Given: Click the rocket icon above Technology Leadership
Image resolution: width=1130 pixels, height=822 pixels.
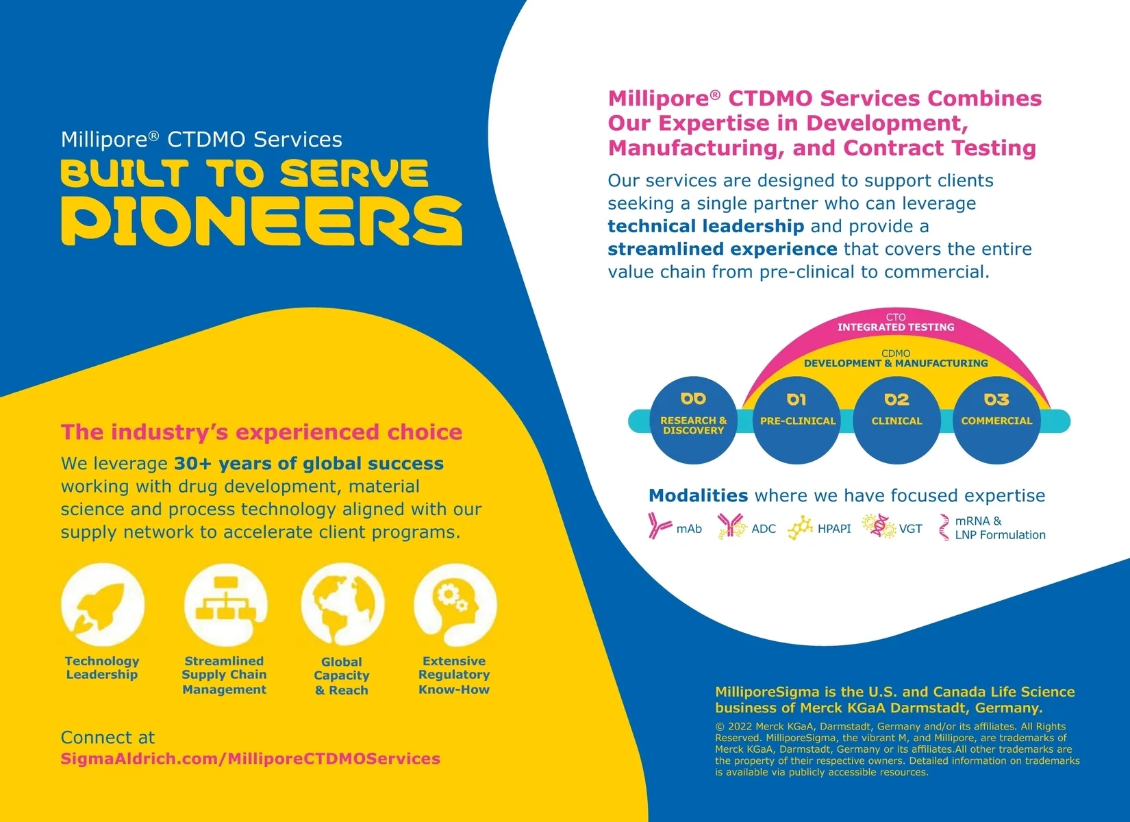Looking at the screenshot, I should pyautogui.click(x=103, y=605).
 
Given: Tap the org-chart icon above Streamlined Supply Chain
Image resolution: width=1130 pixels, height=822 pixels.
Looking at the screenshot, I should pyautogui.click(x=225, y=605).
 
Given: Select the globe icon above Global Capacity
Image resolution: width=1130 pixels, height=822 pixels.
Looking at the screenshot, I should pyautogui.click(x=342, y=605).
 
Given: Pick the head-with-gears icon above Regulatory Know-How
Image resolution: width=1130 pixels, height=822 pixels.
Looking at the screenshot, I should pyautogui.click(x=455, y=605).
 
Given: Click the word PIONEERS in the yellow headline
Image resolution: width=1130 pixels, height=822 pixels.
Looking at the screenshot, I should pyautogui.click(x=262, y=221).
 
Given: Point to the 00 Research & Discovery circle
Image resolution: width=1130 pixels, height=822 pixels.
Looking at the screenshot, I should pyautogui.click(x=693, y=420).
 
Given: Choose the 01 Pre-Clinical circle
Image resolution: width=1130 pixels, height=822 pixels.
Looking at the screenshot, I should pyautogui.click(x=797, y=420).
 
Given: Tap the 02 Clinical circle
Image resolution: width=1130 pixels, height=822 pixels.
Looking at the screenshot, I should pyautogui.click(x=896, y=420).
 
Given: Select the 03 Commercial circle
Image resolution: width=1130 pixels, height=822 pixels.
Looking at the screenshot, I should pyautogui.click(x=996, y=420).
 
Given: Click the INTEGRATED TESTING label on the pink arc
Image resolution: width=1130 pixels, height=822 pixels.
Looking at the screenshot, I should pyautogui.click(x=896, y=327).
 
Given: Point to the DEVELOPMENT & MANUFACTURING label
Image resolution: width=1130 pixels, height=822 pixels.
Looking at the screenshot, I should pyautogui.click(x=896, y=363).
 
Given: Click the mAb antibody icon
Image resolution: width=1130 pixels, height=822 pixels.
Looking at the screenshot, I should pyautogui.click(x=659, y=526).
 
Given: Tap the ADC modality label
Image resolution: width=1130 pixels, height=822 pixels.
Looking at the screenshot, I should pyautogui.click(x=764, y=529).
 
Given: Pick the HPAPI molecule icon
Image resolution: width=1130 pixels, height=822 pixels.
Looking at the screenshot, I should pyautogui.click(x=800, y=528).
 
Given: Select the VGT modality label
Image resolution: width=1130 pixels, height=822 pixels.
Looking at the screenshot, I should pyautogui.click(x=910, y=529).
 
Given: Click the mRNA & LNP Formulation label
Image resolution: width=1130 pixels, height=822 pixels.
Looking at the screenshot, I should pyautogui.click(x=1000, y=528).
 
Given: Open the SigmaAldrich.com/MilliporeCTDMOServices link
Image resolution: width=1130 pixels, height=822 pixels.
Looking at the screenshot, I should pyautogui.click(x=251, y=759).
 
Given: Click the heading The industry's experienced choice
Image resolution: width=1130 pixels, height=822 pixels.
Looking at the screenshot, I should pyautogui.click(x=262, y=432).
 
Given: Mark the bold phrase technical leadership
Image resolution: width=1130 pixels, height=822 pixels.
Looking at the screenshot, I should pyautogui.click(x=705, y=226).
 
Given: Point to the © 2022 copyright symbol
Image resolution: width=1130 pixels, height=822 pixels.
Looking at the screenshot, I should pyautogui.click(x=720, y=727).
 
